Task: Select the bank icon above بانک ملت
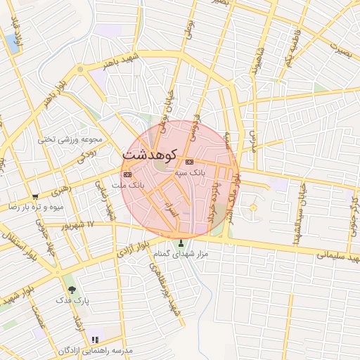127,174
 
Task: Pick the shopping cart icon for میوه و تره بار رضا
35,197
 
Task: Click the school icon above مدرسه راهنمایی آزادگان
95,340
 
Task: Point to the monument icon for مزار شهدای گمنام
181,244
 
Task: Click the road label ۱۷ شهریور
78,225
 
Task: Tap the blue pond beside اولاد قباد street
11,42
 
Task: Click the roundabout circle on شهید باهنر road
80,69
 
